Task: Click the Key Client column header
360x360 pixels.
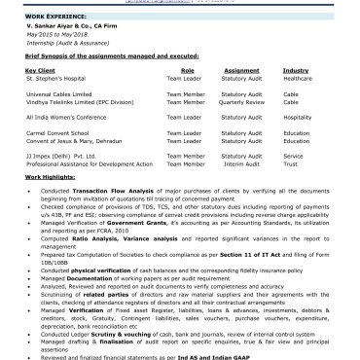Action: (40, 71)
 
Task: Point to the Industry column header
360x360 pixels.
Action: (296, 71)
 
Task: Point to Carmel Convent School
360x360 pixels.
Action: (62, 134)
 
